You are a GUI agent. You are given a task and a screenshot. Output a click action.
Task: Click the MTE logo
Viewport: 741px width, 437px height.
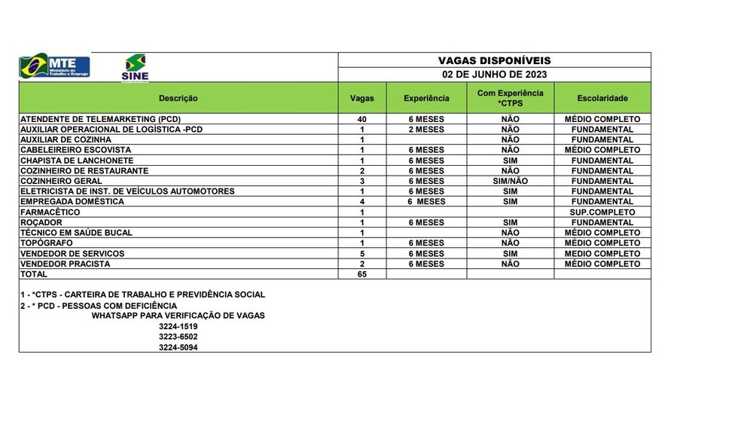(x=54, y=66)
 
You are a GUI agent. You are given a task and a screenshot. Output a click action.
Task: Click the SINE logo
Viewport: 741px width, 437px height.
(x=136, y=67)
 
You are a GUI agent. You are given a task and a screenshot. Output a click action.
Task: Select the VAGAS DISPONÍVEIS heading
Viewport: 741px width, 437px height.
(x=494, y=60)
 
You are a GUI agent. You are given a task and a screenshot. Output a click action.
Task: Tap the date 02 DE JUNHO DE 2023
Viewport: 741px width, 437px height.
(x=494, y=75)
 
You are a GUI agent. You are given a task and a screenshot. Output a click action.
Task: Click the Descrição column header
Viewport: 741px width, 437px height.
(x=178, y=98)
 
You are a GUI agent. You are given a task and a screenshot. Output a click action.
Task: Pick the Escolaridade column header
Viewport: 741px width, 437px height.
(x=602, y=98)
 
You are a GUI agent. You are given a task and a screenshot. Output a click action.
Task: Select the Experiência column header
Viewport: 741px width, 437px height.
(x=426, y=98)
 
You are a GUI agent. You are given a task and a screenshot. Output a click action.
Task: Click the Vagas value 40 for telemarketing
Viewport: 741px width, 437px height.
(x=362, y=119)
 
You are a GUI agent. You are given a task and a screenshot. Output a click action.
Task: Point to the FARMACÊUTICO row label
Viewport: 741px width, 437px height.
(x=50, y=212)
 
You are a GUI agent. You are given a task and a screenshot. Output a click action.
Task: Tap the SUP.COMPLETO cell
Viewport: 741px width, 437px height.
(x=602, y=212)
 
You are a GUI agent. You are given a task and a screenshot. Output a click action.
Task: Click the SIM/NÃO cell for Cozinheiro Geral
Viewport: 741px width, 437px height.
(x=510, y=181)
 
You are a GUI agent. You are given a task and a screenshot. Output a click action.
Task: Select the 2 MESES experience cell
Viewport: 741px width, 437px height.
(x=426, y=130)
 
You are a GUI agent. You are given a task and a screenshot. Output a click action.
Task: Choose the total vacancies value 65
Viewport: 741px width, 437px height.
(x=362, y=274)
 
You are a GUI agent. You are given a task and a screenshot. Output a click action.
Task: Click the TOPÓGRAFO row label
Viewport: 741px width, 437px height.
(x=47, y=243)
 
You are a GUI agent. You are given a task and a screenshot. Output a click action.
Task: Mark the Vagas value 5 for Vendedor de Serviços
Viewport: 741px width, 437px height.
(x=362, y=254)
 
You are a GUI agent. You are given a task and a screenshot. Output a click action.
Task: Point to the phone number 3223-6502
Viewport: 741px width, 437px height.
(x=178, y=337)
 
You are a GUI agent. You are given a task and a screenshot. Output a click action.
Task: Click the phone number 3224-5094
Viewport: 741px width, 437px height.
(x=178, y=347)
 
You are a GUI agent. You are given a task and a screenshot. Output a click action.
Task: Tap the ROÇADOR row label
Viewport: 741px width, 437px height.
(x=41, y=223)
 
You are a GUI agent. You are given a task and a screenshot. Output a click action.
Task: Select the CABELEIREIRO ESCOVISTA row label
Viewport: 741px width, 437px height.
(x=75, y=150)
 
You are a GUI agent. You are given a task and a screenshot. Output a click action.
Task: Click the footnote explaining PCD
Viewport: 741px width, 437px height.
(x=99, y=305)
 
